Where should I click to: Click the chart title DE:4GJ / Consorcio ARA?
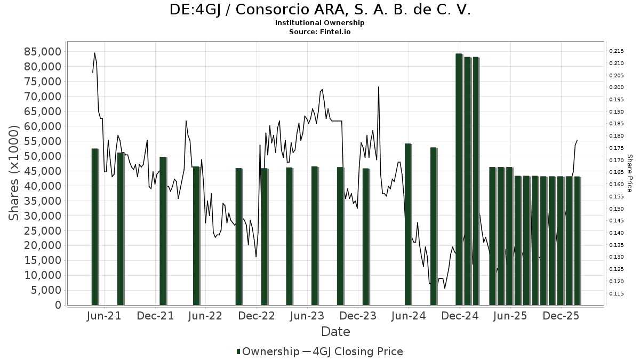(320, 10)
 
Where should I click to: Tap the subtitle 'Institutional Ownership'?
(320, 23)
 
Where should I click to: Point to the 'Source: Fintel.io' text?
(320, 31)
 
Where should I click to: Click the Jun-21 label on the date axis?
(103, 316)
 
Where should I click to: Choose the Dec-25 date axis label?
(561, 316)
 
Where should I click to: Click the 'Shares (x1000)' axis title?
(14, 173)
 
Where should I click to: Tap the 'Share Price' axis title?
(629, 173)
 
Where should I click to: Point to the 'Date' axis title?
(335, 332)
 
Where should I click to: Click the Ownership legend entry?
(268, 351)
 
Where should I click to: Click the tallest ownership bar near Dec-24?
(459, 179)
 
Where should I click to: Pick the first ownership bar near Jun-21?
(95, 227)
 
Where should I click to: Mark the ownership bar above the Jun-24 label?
(408, 224)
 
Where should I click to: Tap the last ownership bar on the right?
(577, 241)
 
